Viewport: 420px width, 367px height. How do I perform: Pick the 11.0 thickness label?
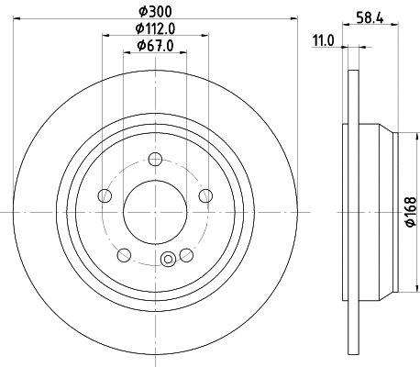coord(322,40)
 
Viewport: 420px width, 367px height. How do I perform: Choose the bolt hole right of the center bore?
coord(205,195)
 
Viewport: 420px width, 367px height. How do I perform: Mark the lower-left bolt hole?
coord(124,254)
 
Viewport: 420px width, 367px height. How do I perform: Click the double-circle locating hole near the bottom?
coord(167,261)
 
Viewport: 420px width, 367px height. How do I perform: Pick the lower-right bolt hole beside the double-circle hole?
coord(186,254)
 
